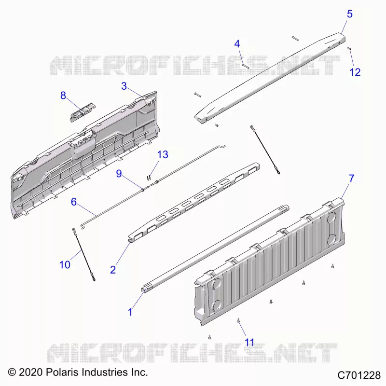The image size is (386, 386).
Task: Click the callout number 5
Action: pos(349,14)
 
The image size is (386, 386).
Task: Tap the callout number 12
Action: pos(355,72)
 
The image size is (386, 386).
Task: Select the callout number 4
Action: pos(237,44)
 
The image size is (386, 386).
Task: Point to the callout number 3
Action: pos(124,86)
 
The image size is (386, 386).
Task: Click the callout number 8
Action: pos(63,96)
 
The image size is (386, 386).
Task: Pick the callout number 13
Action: pos(163,154)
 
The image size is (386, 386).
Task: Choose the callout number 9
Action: pos(119,174)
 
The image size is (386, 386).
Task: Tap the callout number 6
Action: pos(74,202)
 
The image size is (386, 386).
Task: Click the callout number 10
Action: pos(65,265)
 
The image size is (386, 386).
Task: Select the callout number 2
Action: pos(113,270)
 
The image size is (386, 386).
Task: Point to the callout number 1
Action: pos(130,312)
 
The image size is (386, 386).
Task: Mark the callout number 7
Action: pos(352,179)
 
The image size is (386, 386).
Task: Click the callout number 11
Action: pos(249,343)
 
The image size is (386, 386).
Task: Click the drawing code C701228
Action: pos(359,375)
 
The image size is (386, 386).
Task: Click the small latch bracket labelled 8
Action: pos(83,112)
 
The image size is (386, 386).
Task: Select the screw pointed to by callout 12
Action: pos(349,49)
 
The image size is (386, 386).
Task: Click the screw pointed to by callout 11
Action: pos(238,320)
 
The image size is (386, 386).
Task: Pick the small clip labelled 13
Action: pos(149,177)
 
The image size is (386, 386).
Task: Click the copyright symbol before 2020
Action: pos(12,372)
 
